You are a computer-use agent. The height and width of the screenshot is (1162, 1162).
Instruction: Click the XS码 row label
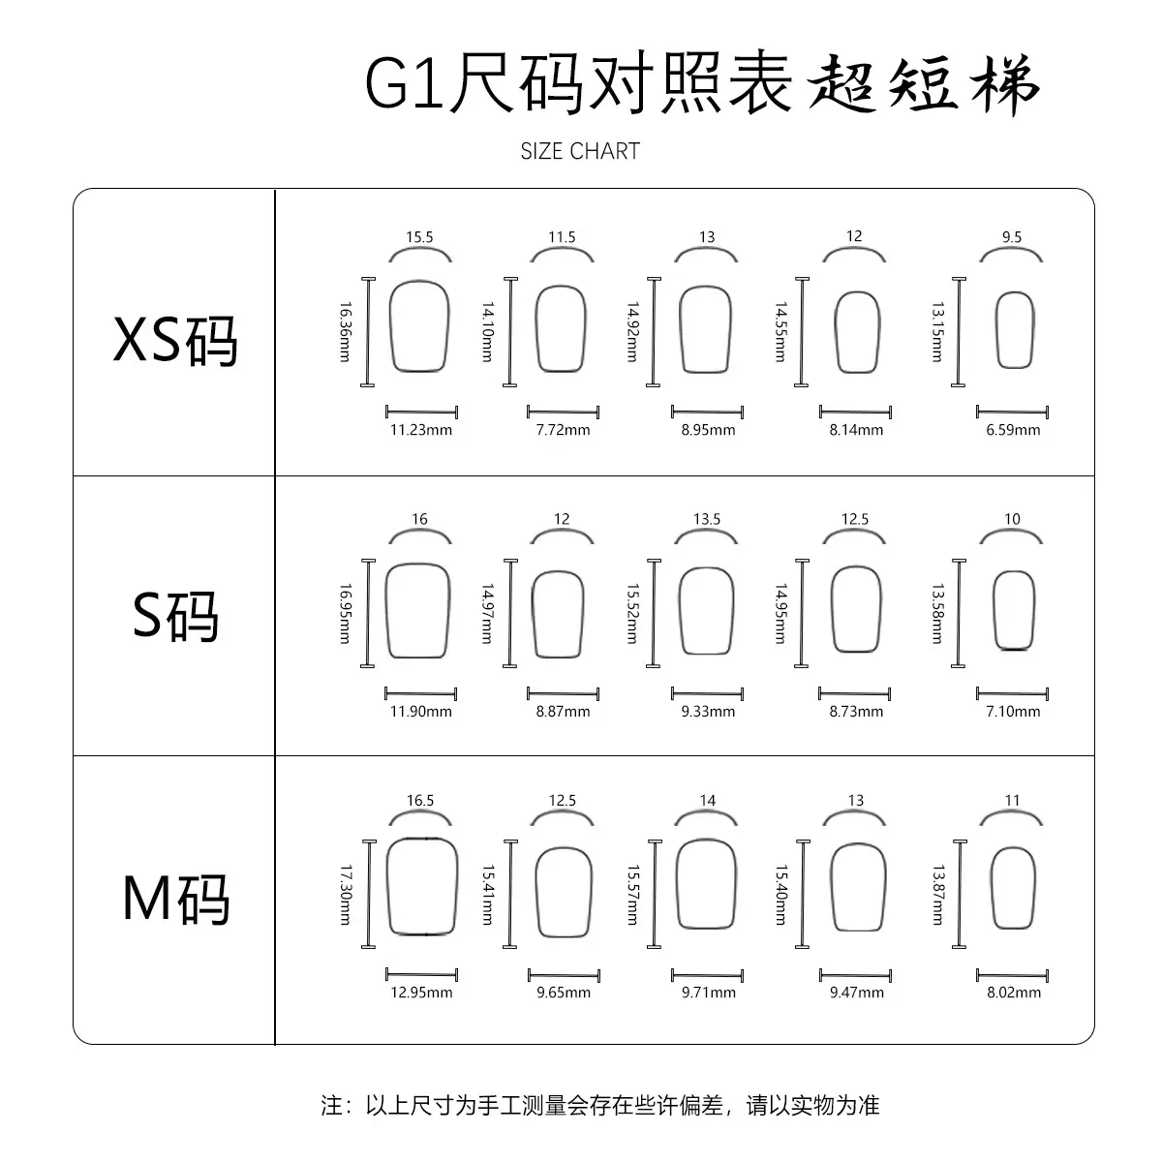175,340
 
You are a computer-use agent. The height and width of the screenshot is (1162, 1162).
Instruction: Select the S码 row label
175,616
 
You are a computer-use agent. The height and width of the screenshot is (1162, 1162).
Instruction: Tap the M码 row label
176,899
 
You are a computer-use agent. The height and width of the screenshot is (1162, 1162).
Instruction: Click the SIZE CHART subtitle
580,151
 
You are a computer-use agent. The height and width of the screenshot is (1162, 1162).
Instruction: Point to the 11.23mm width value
421,430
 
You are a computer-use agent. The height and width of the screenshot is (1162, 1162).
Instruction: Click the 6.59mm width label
1013,430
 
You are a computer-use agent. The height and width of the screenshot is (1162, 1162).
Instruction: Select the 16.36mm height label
345,332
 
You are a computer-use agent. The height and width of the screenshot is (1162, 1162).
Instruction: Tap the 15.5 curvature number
419,237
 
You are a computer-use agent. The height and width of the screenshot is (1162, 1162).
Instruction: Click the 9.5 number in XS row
1012,237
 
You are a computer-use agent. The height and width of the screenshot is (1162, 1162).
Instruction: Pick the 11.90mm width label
421,712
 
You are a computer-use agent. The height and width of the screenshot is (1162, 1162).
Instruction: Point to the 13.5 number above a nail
707,519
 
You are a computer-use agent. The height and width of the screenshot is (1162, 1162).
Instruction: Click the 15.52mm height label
632,613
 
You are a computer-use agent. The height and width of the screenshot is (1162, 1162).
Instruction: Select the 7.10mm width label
1013,712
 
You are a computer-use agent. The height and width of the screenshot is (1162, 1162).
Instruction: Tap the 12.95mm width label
421,993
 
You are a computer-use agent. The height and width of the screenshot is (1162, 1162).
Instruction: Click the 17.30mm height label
346,895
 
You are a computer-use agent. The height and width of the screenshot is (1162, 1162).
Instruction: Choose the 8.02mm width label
1014,993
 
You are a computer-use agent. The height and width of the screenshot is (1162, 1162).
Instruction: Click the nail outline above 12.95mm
387,886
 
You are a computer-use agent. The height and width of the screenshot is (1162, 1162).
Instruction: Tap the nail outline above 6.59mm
995,330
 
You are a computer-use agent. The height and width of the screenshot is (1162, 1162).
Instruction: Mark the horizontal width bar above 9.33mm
707,693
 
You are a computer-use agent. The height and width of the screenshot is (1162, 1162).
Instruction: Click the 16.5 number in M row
419,800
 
